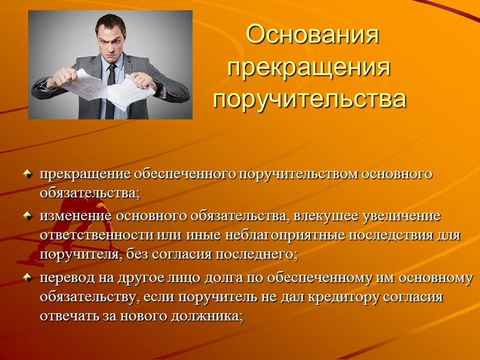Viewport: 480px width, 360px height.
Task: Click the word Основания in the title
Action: click(313, 35)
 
